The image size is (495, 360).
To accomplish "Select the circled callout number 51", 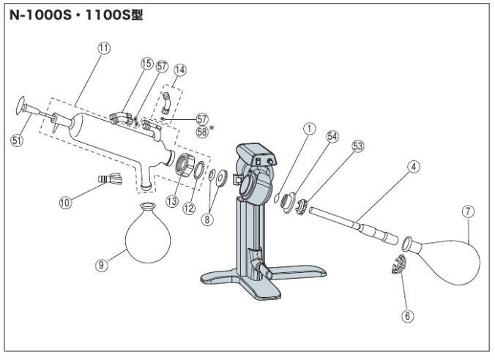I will pyautogui.click(x=17, y=141).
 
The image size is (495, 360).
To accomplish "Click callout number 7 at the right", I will pyautogui.click(x=468, y=211).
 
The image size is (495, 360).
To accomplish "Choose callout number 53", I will pyautogui.click(x=358, y=146).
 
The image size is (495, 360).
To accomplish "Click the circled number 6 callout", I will pyautogui.click(x=408, y=317).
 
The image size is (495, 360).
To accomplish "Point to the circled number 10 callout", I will pyautogui.click(x=67, y=203).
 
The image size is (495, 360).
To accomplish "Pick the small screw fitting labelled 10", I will pyautogui.click(x=108, y=179).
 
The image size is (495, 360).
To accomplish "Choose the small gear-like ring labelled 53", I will pyautogui.click(x=300, y=206).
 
